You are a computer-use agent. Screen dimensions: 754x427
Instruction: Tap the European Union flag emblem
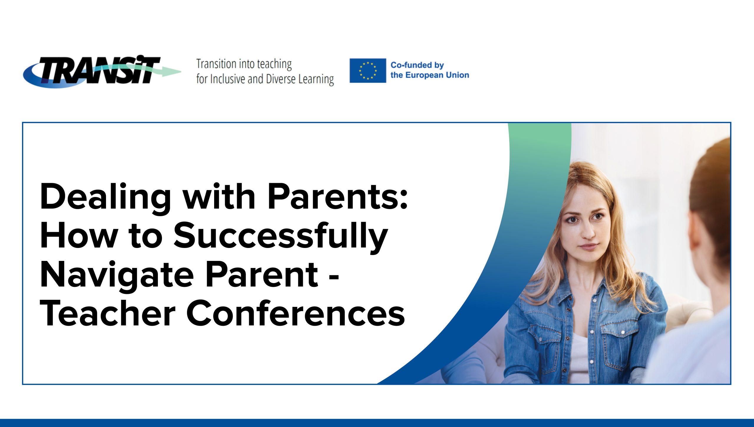(368, 71)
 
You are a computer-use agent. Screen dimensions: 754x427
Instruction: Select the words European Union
(437, 75)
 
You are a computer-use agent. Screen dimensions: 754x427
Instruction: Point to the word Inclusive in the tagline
(228, 79)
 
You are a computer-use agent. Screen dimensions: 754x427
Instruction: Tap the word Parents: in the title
(338, 196)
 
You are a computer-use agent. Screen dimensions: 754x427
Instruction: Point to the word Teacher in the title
(108, 313)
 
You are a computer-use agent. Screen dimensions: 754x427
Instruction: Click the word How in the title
(79, 235)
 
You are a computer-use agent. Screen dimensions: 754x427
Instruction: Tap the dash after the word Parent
(333, 278)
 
